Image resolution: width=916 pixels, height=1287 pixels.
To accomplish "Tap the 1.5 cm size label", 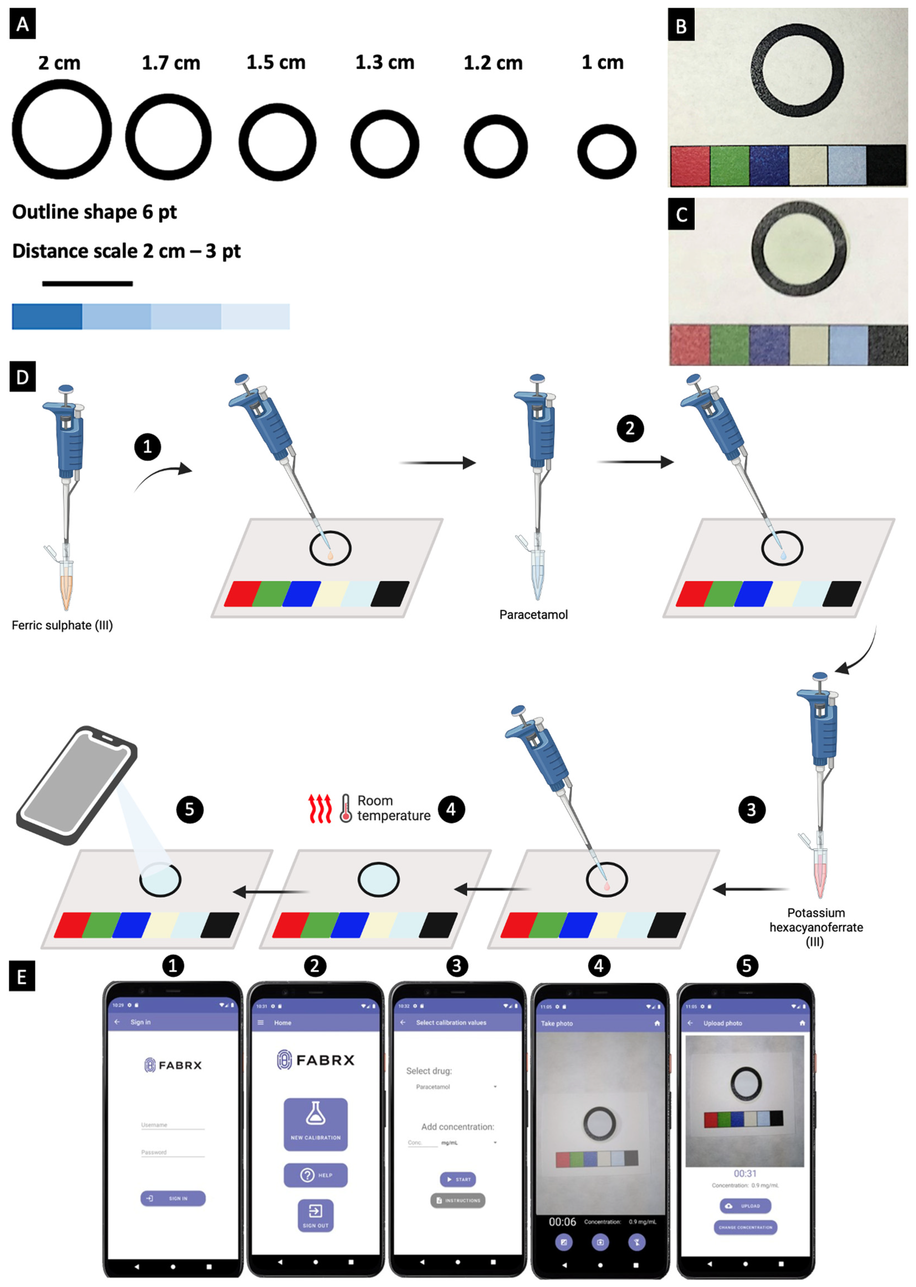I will (x=276, y=63).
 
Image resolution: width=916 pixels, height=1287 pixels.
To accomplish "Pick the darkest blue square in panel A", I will (x=47, y=316).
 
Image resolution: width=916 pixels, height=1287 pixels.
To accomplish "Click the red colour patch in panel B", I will (x=690, y=166).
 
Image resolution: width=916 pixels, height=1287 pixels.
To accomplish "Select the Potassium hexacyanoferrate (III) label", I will (x=816, y=927).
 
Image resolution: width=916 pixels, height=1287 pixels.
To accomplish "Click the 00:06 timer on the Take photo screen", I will (x=562, y=1222).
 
